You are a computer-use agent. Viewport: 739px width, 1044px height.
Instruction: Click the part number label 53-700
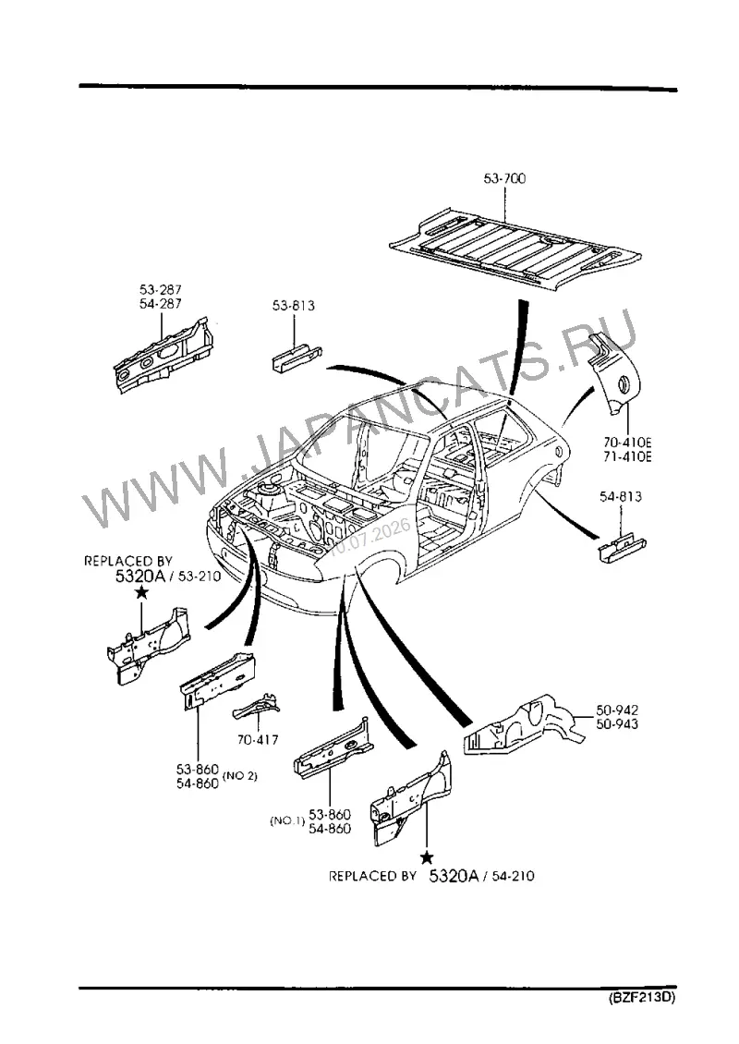[504, 178]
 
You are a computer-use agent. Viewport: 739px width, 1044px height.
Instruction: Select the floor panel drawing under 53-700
[516, 249]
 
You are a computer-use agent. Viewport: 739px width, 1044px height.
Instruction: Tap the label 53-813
[293, 306]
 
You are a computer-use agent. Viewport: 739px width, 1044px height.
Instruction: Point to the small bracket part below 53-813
[297, 358]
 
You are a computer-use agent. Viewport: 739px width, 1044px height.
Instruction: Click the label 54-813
[621, 496]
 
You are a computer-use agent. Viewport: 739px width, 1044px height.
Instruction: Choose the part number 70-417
[258, 740]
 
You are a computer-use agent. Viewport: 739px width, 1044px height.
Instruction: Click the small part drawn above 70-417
[256, 708]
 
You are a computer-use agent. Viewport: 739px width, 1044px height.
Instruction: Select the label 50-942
[616, 710]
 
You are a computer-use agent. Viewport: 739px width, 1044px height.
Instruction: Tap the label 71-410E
[627, 456]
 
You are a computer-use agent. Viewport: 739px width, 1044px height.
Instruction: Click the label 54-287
[161, 304]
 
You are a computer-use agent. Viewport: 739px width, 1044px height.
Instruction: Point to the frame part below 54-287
[164, 356]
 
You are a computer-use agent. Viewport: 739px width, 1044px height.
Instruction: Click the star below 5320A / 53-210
[141, 592]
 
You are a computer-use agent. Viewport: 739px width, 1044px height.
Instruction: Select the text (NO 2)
[239, 776]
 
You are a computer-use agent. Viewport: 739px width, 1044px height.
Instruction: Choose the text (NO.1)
[287, 821]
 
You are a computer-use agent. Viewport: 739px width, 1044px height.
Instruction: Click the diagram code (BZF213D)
[641, 998]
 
